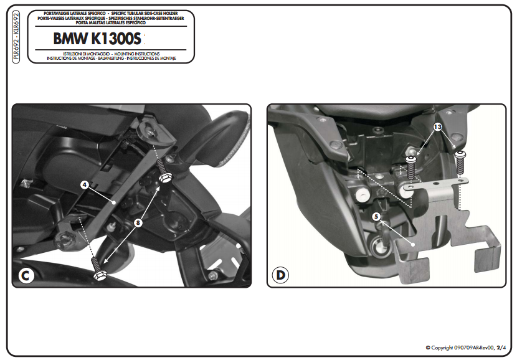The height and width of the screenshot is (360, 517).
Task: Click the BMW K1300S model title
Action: click(x=97, y=39)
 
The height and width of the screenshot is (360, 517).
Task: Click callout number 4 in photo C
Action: click(x=83, y=184)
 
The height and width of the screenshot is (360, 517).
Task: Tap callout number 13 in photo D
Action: click(x=437, y=127)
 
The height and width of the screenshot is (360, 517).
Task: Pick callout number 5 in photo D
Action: click(x=376, y=217)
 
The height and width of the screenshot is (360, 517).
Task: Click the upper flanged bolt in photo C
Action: click(x=165, y=176)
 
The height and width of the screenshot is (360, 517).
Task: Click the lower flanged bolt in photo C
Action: click(x=98, y=272)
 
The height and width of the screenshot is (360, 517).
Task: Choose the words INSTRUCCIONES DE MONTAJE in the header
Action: click(x=149, y=58)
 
